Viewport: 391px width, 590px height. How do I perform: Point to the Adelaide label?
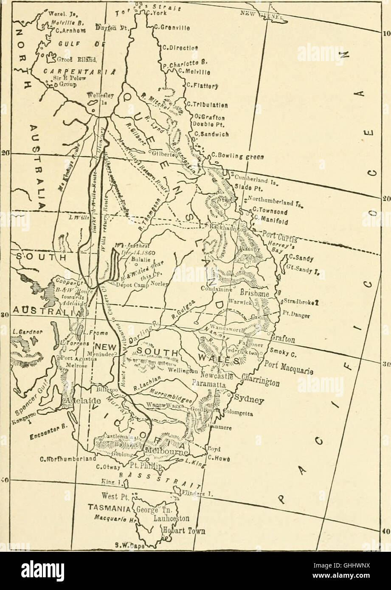82,401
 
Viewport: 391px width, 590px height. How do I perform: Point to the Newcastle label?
216,376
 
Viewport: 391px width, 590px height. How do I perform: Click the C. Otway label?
103,468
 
